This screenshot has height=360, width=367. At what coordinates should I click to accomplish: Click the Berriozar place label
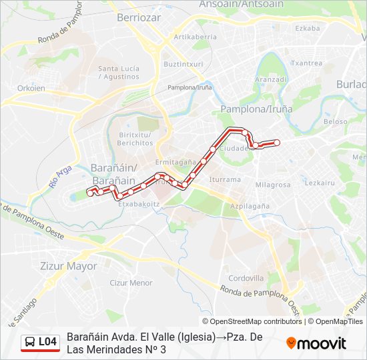[139, 18]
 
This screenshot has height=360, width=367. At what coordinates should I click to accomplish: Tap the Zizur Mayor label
[68, 266]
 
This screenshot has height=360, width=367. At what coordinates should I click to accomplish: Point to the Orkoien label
[31, 88]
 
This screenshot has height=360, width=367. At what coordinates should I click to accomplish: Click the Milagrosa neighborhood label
[272, 185]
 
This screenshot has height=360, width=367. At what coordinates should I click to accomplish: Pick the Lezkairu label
[320, 183]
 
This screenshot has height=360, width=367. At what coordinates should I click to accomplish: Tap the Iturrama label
[225, 179]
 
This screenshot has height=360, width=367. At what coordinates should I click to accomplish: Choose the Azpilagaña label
[250, 207]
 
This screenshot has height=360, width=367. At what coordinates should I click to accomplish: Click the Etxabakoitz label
[138, 204]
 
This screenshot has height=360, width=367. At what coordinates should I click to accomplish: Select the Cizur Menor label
[131, 283]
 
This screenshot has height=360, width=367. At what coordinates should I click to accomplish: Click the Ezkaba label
[307, 29]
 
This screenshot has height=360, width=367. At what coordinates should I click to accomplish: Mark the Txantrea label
[307, 63]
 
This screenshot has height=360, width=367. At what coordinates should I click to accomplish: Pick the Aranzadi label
[270, 79]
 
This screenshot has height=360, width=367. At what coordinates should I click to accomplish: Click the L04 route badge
[41, 342]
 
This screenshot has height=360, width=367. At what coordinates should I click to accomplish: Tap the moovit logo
[316, 343]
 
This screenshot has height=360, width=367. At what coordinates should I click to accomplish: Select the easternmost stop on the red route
[277, 142]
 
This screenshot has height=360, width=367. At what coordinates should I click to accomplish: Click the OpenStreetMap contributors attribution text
[253, 321]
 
